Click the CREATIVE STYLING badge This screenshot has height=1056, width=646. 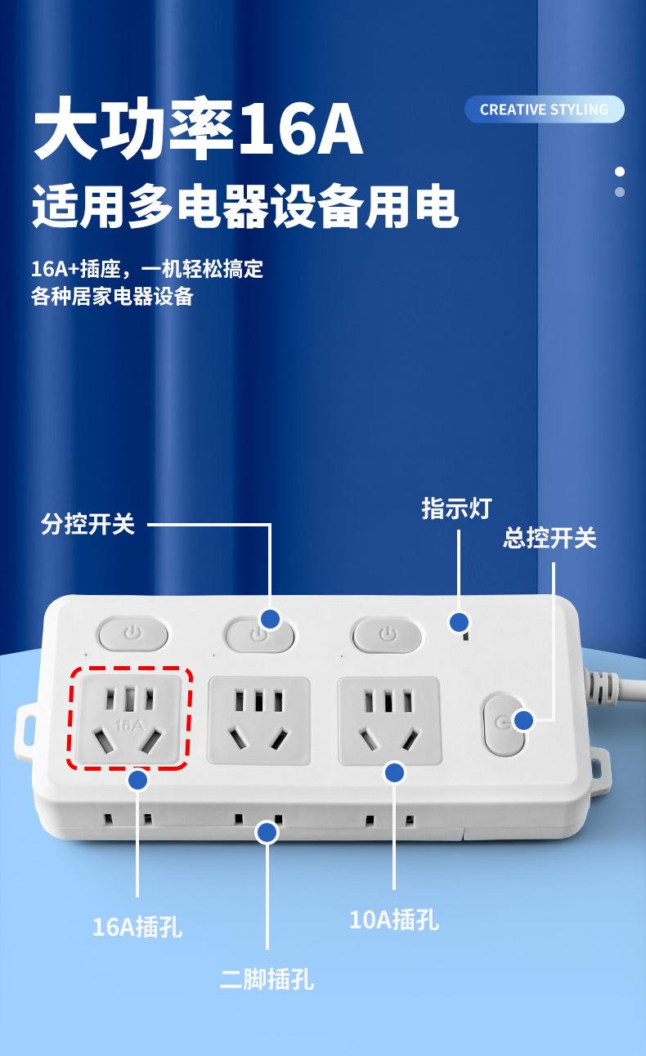544,110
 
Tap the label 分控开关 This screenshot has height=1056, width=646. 87,524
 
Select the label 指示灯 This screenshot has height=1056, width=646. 456,508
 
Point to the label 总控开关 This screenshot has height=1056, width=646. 550,538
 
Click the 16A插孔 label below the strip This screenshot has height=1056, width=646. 137,927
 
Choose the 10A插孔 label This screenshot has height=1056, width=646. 394,920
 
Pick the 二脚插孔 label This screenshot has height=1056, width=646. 267,978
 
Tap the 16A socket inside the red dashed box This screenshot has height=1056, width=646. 130,718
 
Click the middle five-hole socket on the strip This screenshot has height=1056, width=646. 259,718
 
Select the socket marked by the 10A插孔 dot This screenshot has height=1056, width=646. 389,718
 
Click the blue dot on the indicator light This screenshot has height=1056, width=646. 460,622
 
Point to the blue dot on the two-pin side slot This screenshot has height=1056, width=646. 267,832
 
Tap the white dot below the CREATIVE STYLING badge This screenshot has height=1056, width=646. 620,172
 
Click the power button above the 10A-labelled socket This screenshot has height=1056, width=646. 388,633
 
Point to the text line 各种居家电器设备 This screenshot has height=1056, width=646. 112,296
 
